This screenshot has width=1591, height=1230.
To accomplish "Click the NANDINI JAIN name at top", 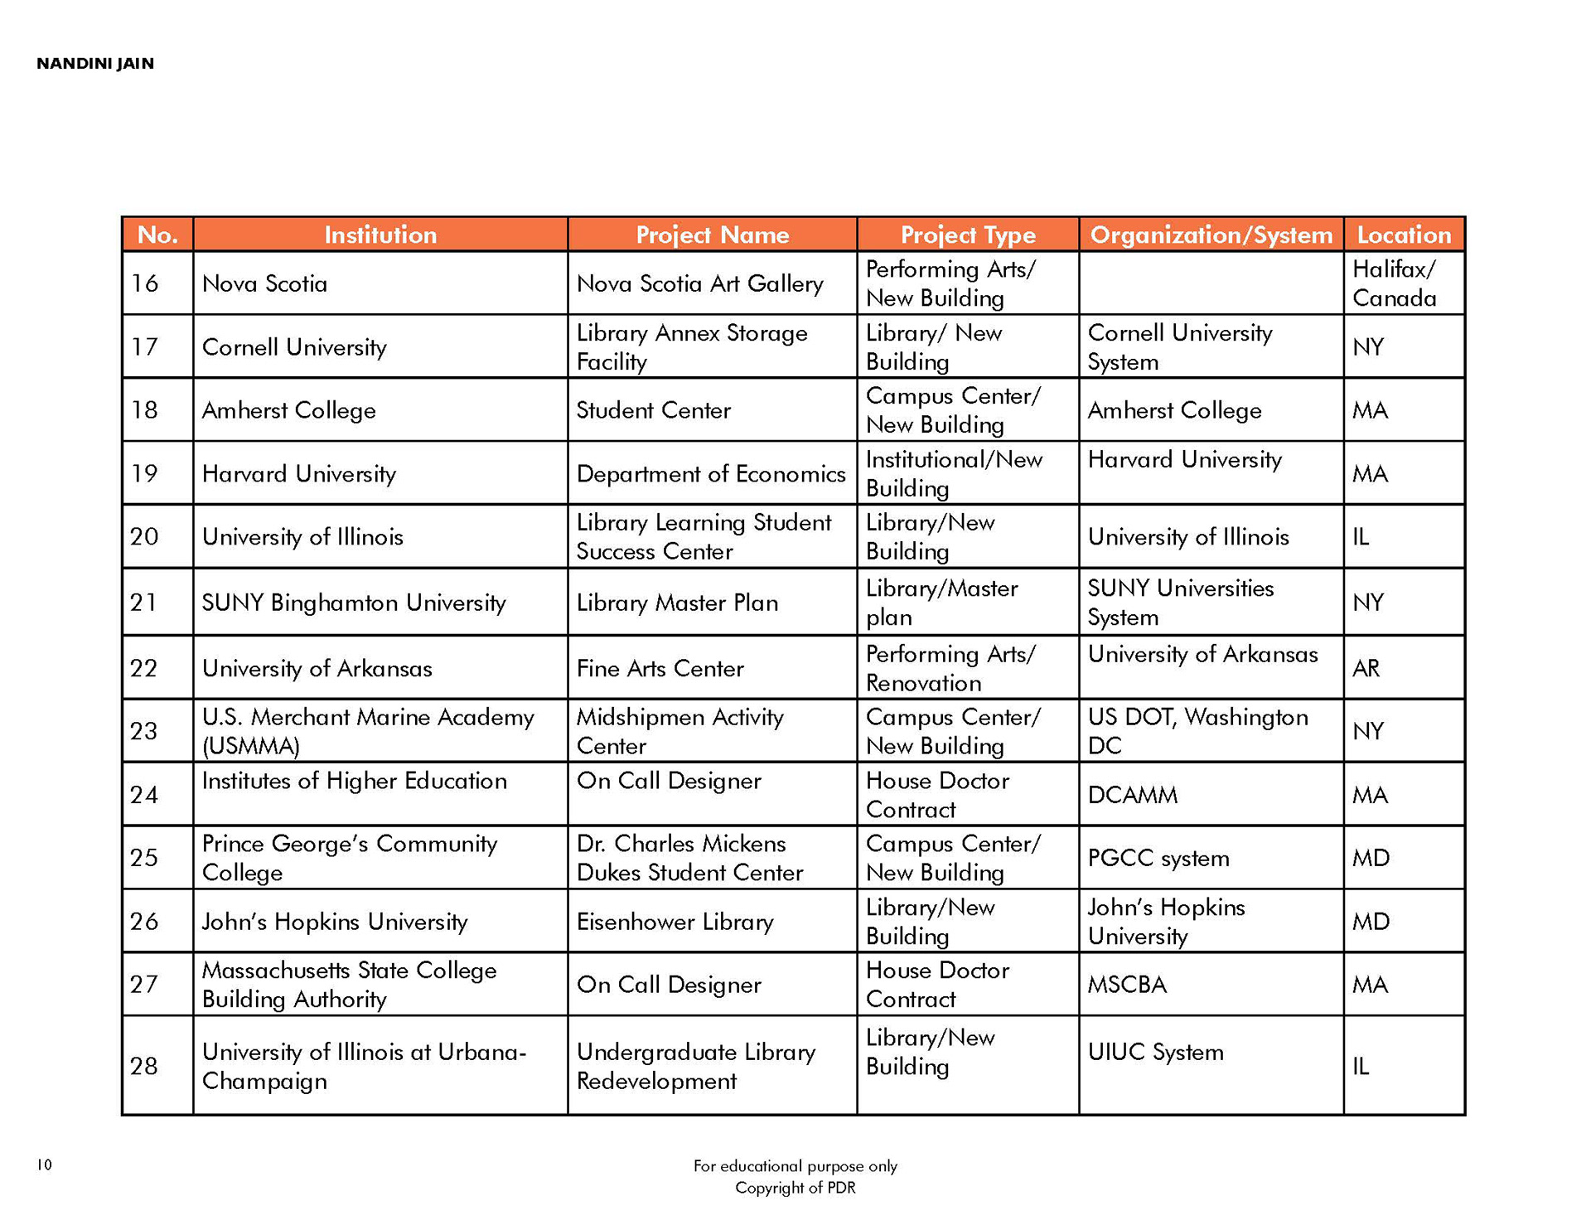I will (x=95, y=64).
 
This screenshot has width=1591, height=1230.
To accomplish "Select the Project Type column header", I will (x=967, y=235).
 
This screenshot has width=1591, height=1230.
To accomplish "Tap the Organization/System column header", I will (x=1211, y=235).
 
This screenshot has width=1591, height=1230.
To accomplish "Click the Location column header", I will (x=1404, y=235).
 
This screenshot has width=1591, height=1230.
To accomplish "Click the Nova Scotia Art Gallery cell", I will (x=699, y=283).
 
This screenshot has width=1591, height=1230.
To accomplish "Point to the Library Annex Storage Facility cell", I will (x=691, y=347).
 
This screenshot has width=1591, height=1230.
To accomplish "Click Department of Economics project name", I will (x=711, y=474).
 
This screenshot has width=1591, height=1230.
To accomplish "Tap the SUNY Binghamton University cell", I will (x=354, y=603).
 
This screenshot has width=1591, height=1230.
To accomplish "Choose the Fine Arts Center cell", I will (x=660, y=668).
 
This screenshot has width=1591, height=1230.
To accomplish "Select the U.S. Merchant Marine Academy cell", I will (x=368, y=731).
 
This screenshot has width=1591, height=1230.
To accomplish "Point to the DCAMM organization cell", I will (x=1132, y=796).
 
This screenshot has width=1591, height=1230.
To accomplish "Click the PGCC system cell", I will (x=1158, y=858).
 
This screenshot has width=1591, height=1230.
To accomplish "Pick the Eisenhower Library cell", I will (x=675, y=922).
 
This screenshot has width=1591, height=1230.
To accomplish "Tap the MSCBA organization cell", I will (x=1127, y=985).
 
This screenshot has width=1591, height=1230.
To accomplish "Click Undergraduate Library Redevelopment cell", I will (x=695, y=1066).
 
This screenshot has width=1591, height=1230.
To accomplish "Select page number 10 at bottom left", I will (x=45, y=1165).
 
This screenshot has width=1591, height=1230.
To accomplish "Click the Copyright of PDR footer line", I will (x=795, y=1188).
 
